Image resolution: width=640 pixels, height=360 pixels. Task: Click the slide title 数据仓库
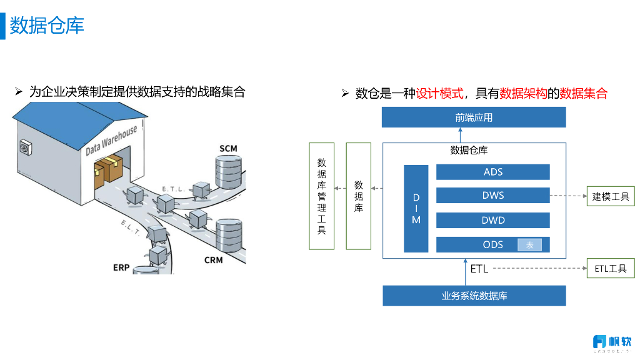point(47,26)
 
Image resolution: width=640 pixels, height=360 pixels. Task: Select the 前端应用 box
point(474,117)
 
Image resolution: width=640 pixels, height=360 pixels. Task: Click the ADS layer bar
point(492,172)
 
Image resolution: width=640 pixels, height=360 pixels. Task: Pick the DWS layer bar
point(492,196)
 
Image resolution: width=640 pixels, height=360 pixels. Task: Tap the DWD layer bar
point(492,220)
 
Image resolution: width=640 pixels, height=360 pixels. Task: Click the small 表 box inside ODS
point(529,245)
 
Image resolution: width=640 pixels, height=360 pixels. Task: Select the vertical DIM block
point(416,209)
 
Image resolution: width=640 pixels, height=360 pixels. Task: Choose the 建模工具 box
point(611,197)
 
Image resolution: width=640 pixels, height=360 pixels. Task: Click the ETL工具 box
point(611,269)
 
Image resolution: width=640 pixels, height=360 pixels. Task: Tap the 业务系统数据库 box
point(474,296)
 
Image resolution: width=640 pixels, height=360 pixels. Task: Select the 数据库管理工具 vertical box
point(321,196)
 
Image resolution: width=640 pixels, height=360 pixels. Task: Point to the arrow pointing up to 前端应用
point(461,135)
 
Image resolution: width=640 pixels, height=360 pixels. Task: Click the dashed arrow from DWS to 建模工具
point(568,196)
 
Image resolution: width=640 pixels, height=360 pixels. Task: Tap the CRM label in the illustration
point(213,259)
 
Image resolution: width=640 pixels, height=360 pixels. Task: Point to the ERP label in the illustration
point(121,267)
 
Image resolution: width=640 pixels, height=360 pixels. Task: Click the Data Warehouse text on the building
point(111,141)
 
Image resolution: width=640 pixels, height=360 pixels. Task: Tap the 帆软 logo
point(612,342)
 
